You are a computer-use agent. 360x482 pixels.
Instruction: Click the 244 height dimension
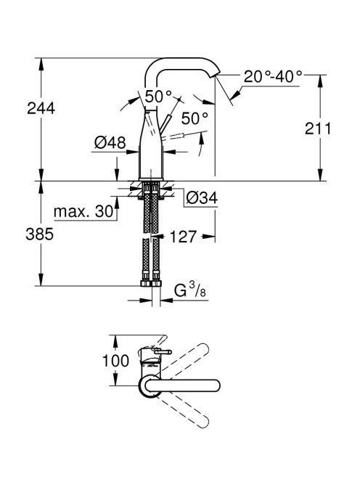point(41,108)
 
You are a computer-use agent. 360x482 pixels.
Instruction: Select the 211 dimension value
point(318,128)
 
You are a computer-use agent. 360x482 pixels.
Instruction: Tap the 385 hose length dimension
point(39,234)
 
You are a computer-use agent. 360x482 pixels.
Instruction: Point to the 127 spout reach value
point(183,237)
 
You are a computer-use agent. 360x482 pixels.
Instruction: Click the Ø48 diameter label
point(110,142)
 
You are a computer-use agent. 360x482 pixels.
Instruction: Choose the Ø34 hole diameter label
point(202,198)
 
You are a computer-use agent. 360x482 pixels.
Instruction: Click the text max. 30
point(83,211)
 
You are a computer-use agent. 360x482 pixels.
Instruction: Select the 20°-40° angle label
point(273,76)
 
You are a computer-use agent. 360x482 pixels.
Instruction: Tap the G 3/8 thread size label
point(190,290)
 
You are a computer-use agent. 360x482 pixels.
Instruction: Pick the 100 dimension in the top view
point(115,361)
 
